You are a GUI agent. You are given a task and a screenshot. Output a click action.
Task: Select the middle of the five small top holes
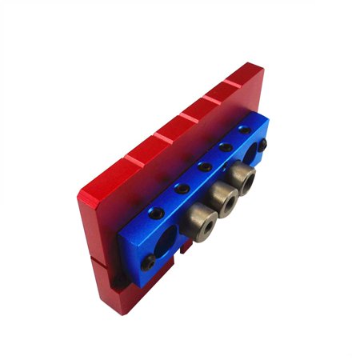tap(206, 167)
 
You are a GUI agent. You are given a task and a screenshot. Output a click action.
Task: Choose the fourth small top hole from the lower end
tap(226, 149)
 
